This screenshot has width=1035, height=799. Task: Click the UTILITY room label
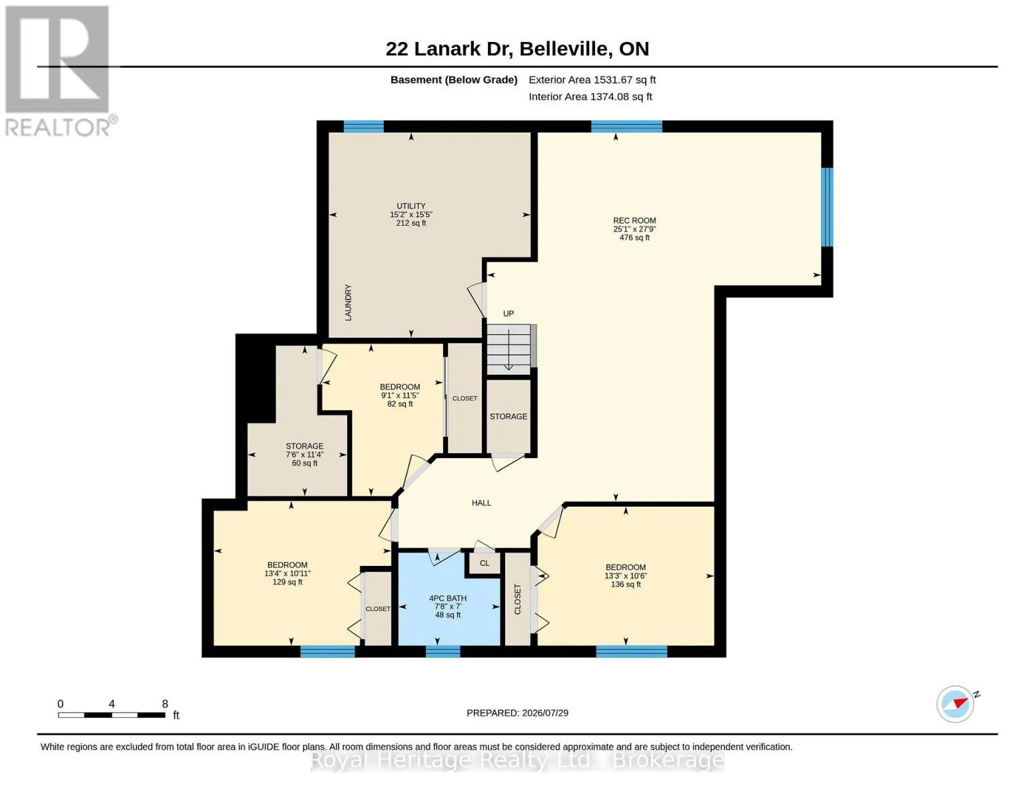coord(411,214)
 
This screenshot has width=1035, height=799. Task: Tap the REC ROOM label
coord(634,229)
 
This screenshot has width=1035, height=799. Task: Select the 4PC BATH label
coord(448,607)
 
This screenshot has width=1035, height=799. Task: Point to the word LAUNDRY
coord(348,302)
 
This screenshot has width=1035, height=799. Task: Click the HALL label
coord(482,503)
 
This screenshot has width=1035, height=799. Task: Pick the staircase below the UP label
coord(509,350)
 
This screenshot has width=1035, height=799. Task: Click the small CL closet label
coord(485,563)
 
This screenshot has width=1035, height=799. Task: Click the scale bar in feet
coord(112,714)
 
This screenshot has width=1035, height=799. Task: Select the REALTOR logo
coord(59,71)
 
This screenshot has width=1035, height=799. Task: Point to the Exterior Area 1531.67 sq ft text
coord(592,80)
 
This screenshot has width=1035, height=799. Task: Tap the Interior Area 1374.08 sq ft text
coord(590,97)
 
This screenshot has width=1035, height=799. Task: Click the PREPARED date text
coord(517,713)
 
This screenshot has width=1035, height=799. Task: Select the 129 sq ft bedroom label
coord(287,573)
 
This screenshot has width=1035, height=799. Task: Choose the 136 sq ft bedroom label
coord(626,576)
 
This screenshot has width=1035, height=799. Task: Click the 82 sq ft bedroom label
coord(400,396)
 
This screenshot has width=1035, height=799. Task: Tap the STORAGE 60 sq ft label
coord(305,455)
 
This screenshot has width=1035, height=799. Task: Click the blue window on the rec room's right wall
coord(828,207)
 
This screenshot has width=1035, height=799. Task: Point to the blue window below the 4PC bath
coord(443,651)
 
